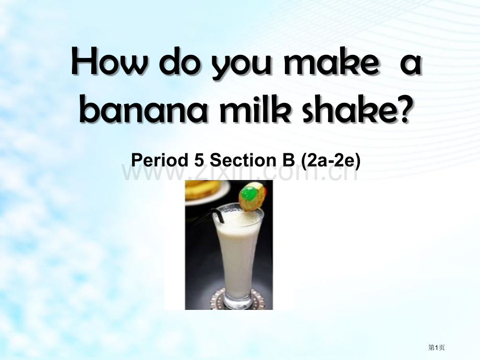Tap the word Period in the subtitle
[x=160, y=160]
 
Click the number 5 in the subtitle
[x=199, y=160]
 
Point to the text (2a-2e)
[x=331, y=161]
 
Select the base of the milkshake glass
[x=238, y=301]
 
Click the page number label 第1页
[x=436, y=347]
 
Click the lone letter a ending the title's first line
[x=411, y=66]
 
